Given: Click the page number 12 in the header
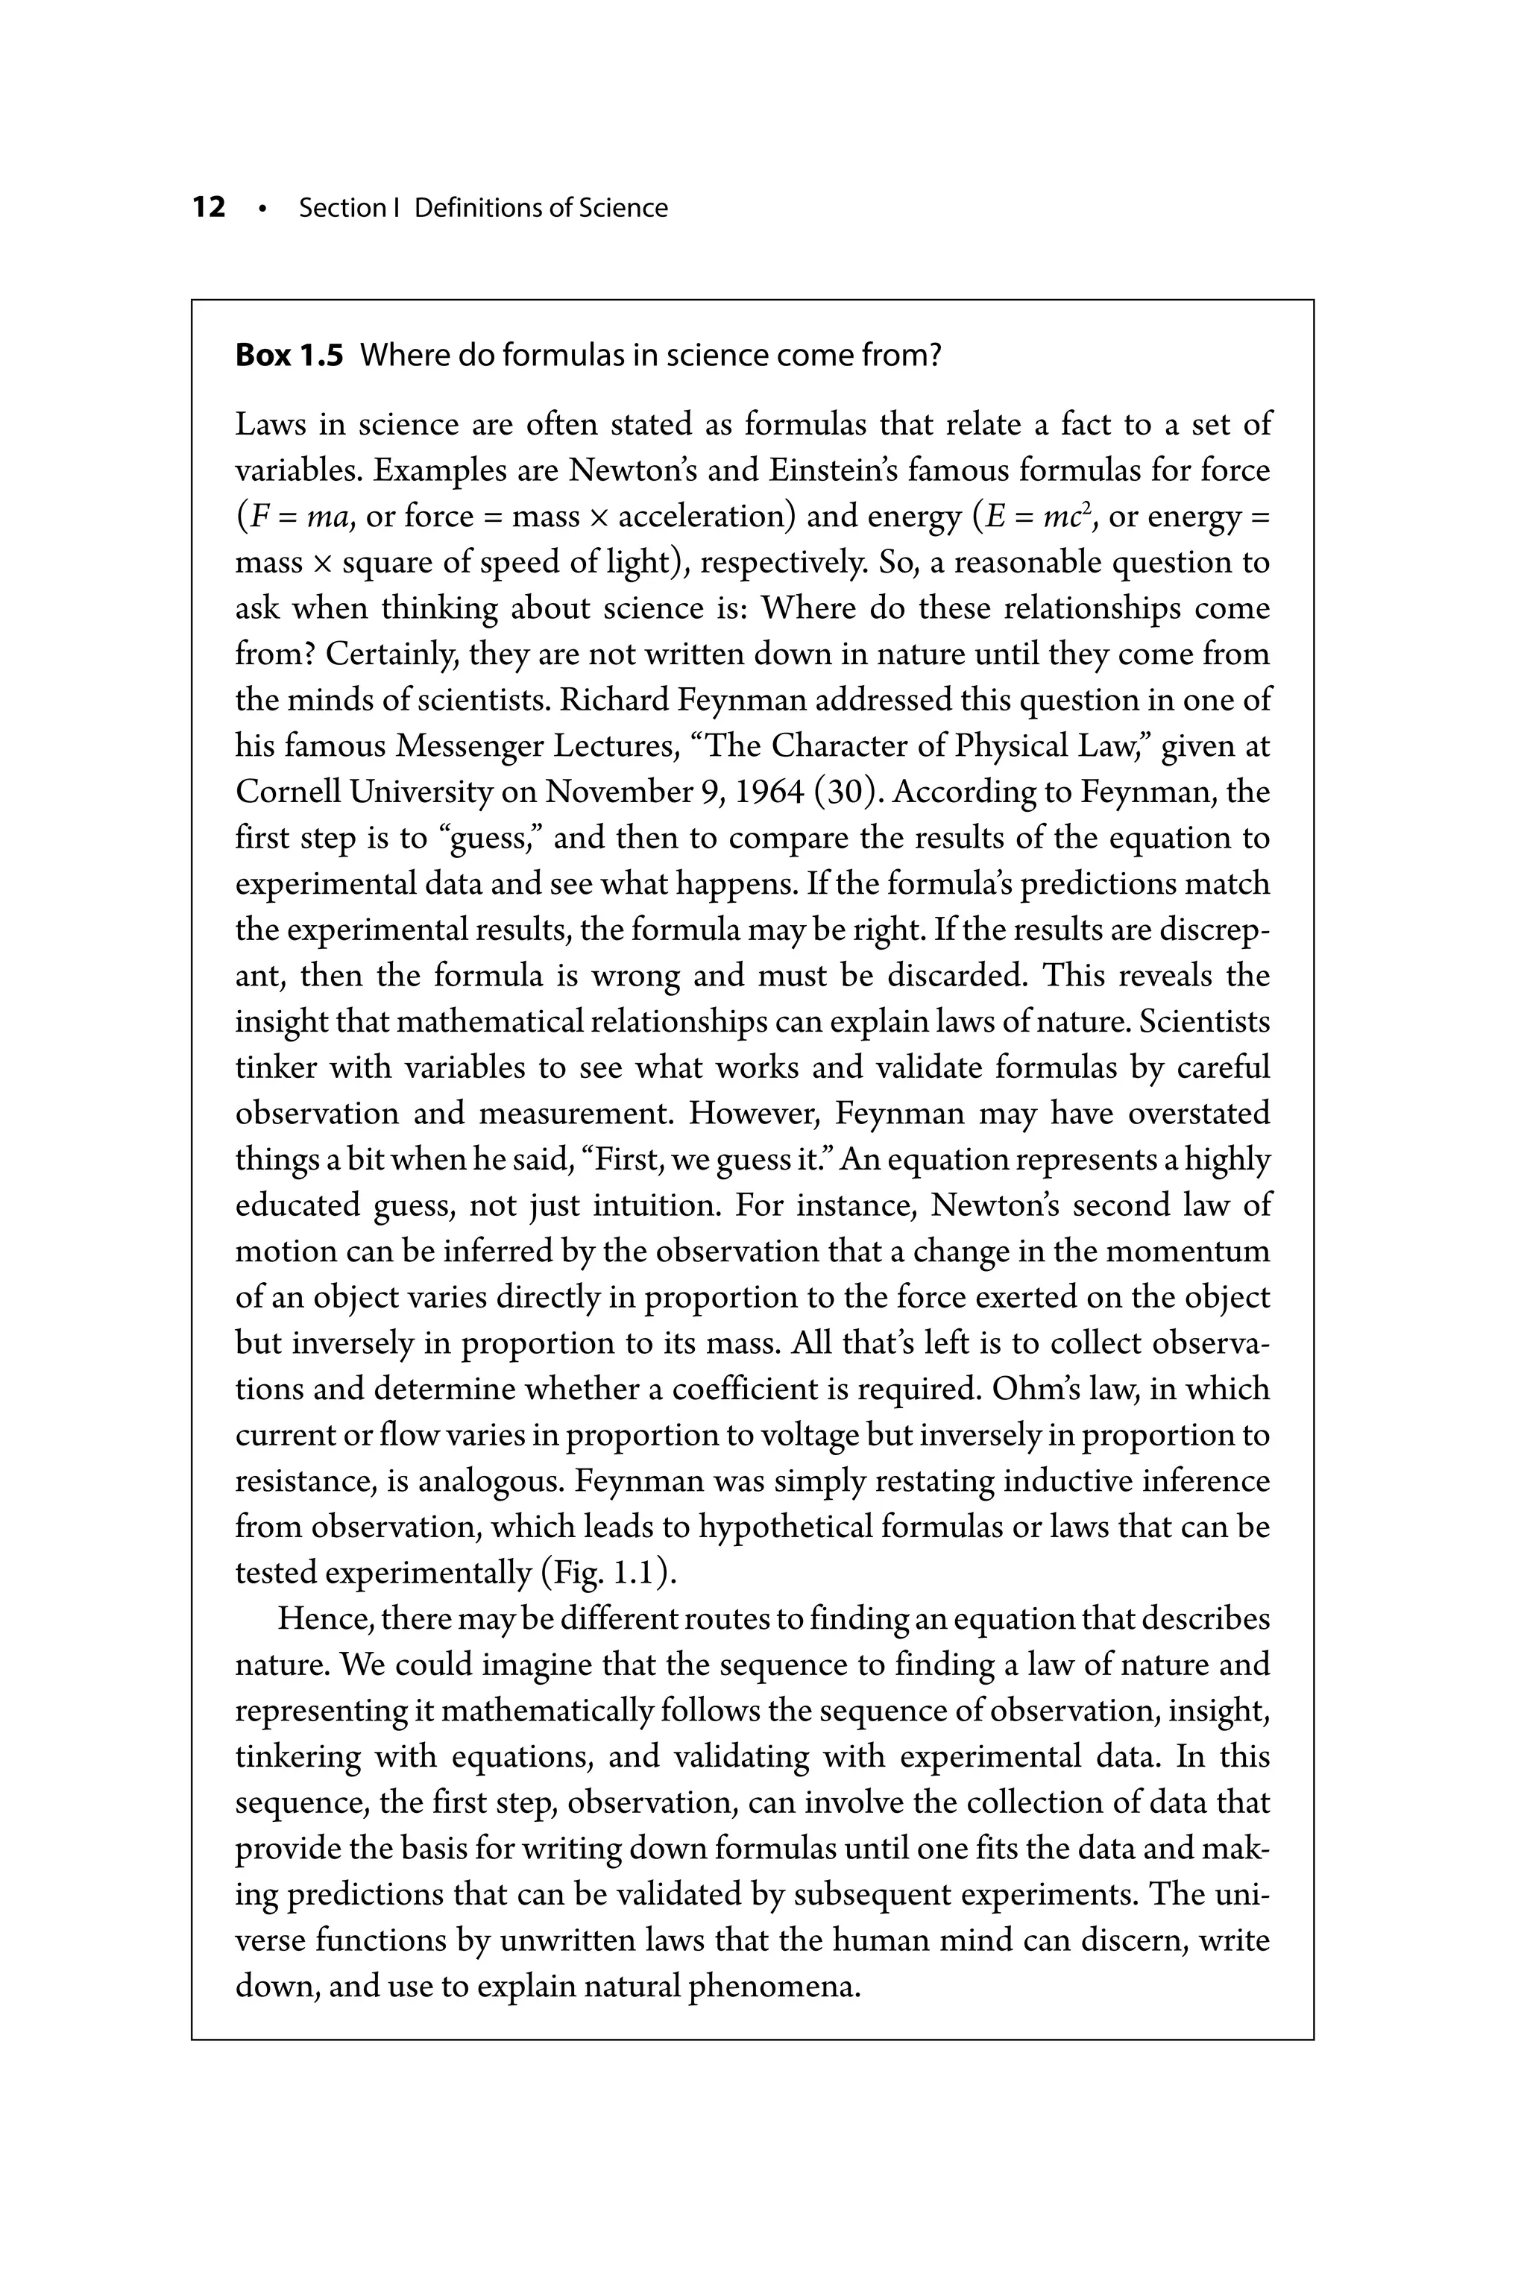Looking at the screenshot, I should click(x=209, y=207).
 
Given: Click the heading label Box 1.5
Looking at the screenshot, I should click(x=289, y=356).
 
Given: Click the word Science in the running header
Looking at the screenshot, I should click(x=623, y=207).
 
